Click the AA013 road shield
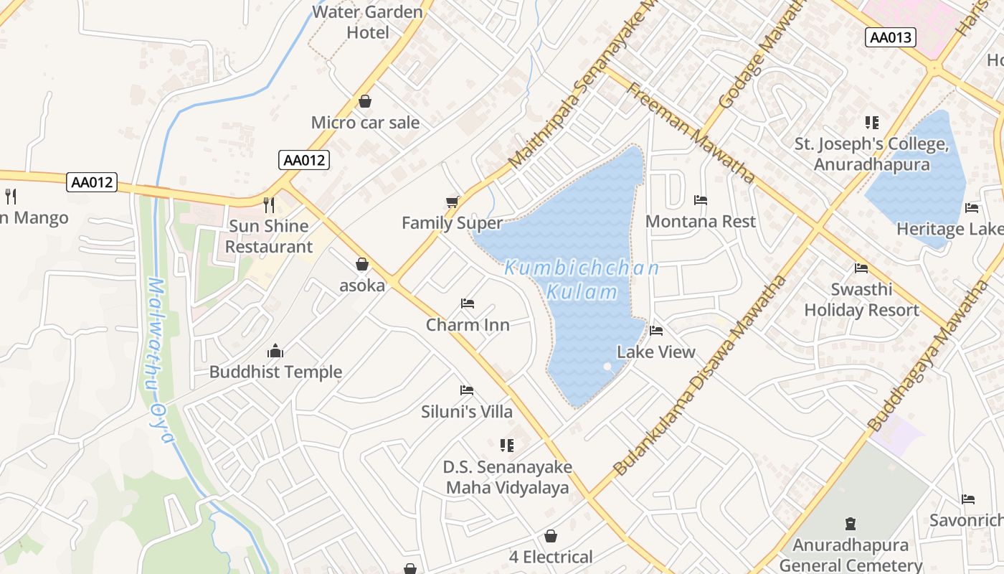[891, 37]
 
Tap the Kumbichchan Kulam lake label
[582, 280]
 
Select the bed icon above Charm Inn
[468, 304]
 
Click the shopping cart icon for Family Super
[452, 202]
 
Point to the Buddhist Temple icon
[275, 351]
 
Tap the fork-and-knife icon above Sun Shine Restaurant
[269, 205]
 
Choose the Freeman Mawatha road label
[691, 133]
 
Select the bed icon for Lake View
[656, 331]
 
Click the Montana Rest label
[701, 221]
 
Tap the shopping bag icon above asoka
[362, 264]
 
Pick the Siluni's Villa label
[467, 411]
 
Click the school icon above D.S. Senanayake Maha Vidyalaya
[507, 446]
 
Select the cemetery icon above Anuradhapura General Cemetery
[851, 523]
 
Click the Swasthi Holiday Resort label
[861, 300]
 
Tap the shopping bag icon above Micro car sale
[365, 101]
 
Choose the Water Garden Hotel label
[367, 22]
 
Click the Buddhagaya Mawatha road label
[929, 357]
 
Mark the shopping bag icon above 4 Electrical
[551, 536]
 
